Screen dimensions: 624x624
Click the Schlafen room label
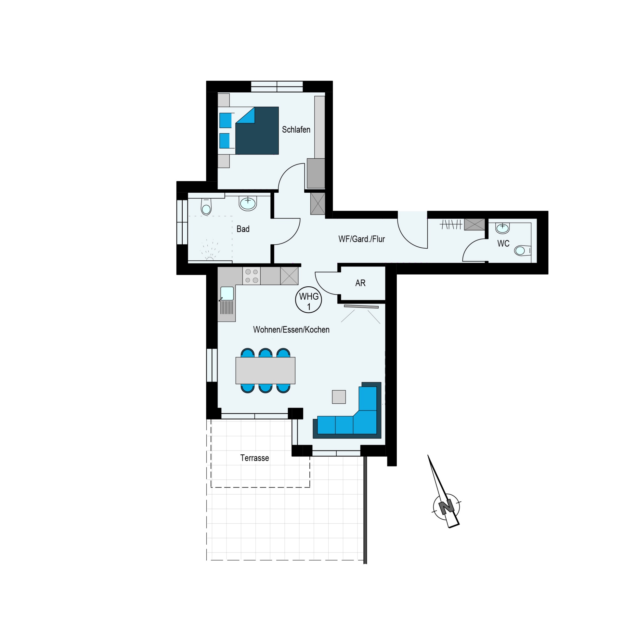tap(296, 130)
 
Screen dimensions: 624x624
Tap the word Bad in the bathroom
tap(243, 229)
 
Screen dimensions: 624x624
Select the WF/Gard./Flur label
tap(361, 239)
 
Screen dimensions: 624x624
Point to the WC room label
tap(503, 243)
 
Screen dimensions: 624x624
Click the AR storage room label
tap(360, 283)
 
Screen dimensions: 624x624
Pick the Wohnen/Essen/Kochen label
tap(291, 330)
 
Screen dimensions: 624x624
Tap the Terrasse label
tap(254, 458)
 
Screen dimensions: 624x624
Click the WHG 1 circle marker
tap(308, 300)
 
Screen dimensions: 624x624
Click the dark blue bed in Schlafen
tap(257, 131)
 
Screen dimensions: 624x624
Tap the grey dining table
tap(265, 370)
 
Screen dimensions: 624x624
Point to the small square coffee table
tap(339, 397)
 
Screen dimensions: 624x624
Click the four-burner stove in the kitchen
tap(252, 276)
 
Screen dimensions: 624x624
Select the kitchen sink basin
tap(227, 294)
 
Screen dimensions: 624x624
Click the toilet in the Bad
tap(206, 206)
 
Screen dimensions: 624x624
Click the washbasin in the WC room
tap(502, 228)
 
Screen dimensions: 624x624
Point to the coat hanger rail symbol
tap(451, 224)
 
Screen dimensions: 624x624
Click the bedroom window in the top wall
tap(277, 87)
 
